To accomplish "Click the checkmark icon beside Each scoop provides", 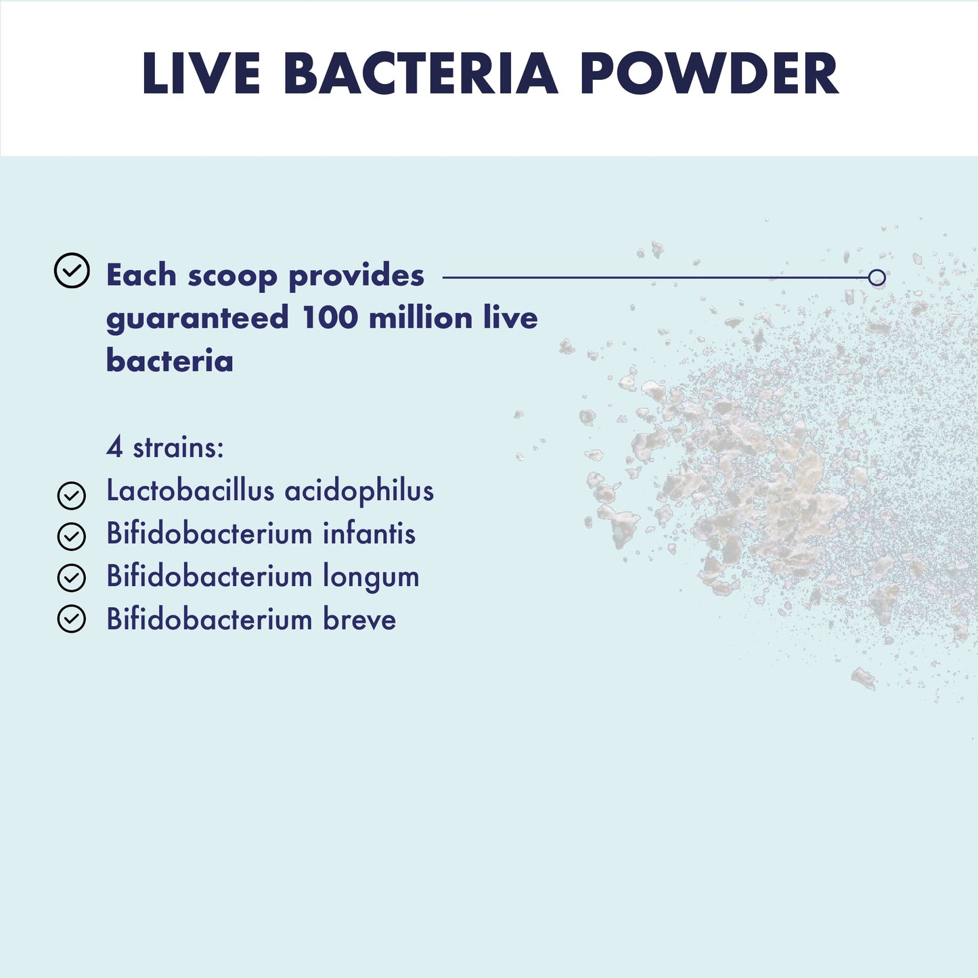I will coord(72,271).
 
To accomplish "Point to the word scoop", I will coord(232,276).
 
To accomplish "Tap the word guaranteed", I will coord(198,319).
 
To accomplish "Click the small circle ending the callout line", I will coord(876,277).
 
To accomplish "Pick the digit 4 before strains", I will coord(115,447).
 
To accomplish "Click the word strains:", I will coord(178,447).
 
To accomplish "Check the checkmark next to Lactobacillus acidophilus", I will coord(72,495).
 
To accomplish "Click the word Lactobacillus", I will coord(190,491).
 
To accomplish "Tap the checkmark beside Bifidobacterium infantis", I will coord(72,537).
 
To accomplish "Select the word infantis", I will coord(369,533).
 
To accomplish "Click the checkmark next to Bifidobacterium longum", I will coord(72,578).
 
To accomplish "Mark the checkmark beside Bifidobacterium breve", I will coord(72,619).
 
